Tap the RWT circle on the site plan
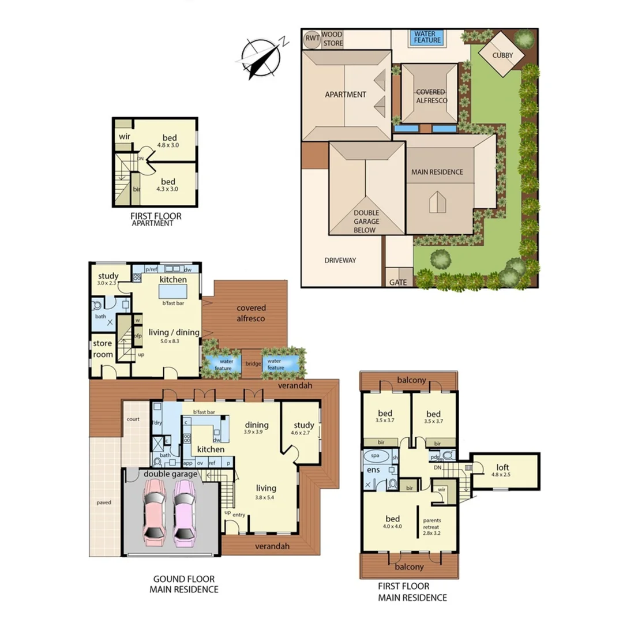point(313,39)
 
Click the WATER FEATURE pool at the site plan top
point(427,38)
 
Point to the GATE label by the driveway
point(398,283)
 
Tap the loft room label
point(503,467)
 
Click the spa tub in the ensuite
point(376,455)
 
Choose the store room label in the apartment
point(103,349)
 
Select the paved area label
point(104,502)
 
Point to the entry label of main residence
point(239,515)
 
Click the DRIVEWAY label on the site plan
point(340,260)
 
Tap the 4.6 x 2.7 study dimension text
point(303,433)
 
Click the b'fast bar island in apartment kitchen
point(172,292)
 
